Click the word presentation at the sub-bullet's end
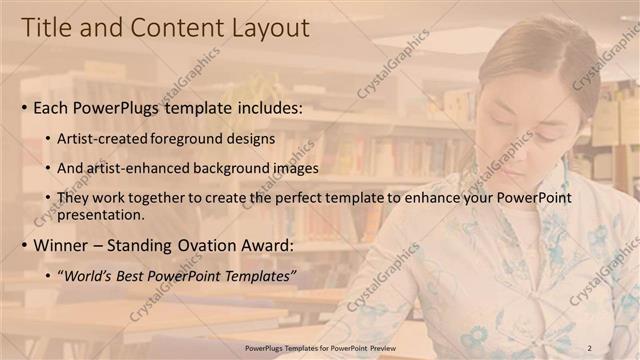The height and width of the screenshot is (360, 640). tap(103, 214)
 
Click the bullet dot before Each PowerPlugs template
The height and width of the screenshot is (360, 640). tap(24, 106)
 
